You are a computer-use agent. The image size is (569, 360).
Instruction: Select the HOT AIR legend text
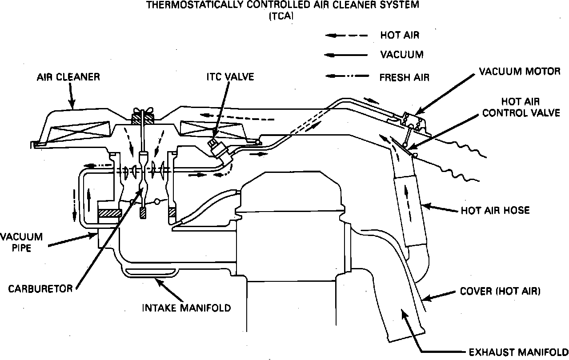(x=400, y=35)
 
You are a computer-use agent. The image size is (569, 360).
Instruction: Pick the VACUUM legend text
(x=402, y=55)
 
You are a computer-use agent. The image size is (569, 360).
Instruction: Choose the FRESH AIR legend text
(x=405, y=77)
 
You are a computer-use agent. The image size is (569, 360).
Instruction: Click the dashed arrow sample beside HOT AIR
(x=347, y=35)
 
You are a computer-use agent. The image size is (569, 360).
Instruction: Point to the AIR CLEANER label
(x=68, y=77)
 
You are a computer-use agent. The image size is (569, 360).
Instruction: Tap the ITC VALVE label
(x=230, y=77)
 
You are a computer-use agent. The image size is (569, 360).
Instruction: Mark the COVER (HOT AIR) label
(x=500, y=292)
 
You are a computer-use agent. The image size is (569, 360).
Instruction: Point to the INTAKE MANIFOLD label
(x=186, y=308)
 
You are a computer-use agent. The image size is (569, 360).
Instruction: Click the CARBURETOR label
(x=41, y=288)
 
